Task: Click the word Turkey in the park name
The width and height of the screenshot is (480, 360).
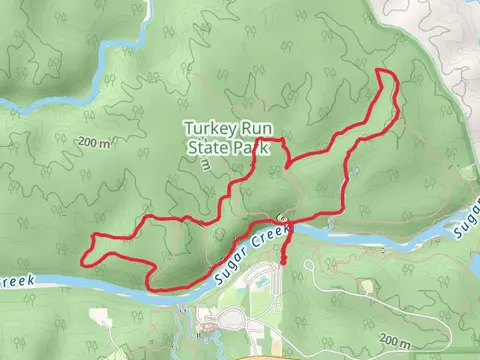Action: [x=207, y=128]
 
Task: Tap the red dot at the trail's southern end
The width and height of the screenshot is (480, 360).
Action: [x=285, y=262]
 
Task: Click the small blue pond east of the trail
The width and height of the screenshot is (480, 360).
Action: [x=352, y=173]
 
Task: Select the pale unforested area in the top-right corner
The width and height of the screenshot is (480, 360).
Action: [x=440, y=30]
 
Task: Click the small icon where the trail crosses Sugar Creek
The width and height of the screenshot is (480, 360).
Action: [x=284, y=218]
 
